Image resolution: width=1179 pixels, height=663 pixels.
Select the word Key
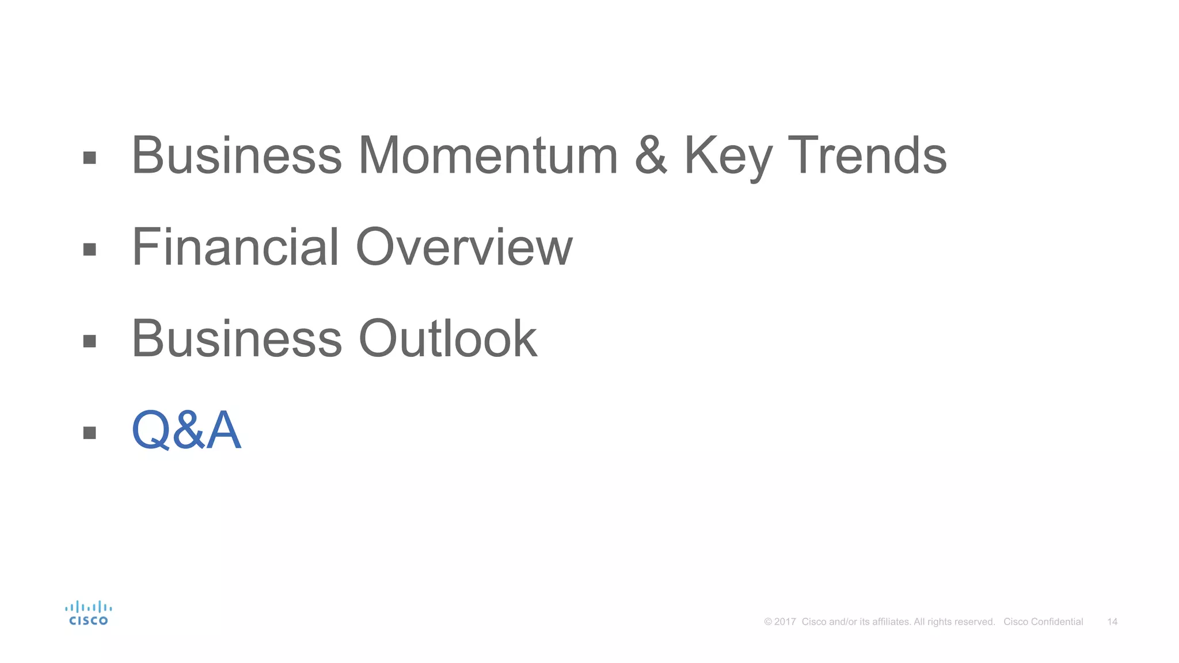[728, 157]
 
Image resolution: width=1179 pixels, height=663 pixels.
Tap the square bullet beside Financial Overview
[89, 249]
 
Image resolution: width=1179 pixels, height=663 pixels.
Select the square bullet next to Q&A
[89, 432]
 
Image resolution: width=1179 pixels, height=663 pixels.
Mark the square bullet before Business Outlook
[89, 341]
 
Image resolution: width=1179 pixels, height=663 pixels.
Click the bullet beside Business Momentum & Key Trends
[89, 158]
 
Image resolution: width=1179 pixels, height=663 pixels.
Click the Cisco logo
[88, 613]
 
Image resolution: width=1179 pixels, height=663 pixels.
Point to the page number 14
[1112, 622]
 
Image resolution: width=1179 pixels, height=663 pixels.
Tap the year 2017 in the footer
[785, 622]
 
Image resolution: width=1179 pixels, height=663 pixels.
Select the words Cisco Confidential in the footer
[1043, 622]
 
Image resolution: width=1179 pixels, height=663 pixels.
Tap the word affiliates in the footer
[891, 622]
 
